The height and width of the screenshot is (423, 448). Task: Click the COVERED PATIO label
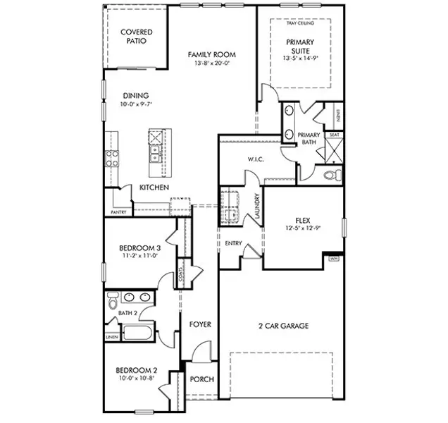(136, 37)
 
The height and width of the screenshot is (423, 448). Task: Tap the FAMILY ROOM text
(211, 55)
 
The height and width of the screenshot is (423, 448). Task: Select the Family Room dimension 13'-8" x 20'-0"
(211, 63)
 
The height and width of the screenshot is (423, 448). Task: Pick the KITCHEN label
(154, 188)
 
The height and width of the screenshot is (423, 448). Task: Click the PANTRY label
(118, 212)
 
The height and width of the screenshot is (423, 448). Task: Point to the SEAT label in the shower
(335, 135)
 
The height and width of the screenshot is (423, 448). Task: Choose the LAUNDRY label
(258, 207)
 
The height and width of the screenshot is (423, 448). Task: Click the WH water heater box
(334, 259)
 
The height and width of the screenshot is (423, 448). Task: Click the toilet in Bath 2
(113, 301)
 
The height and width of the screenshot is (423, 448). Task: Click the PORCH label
(202, 379)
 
